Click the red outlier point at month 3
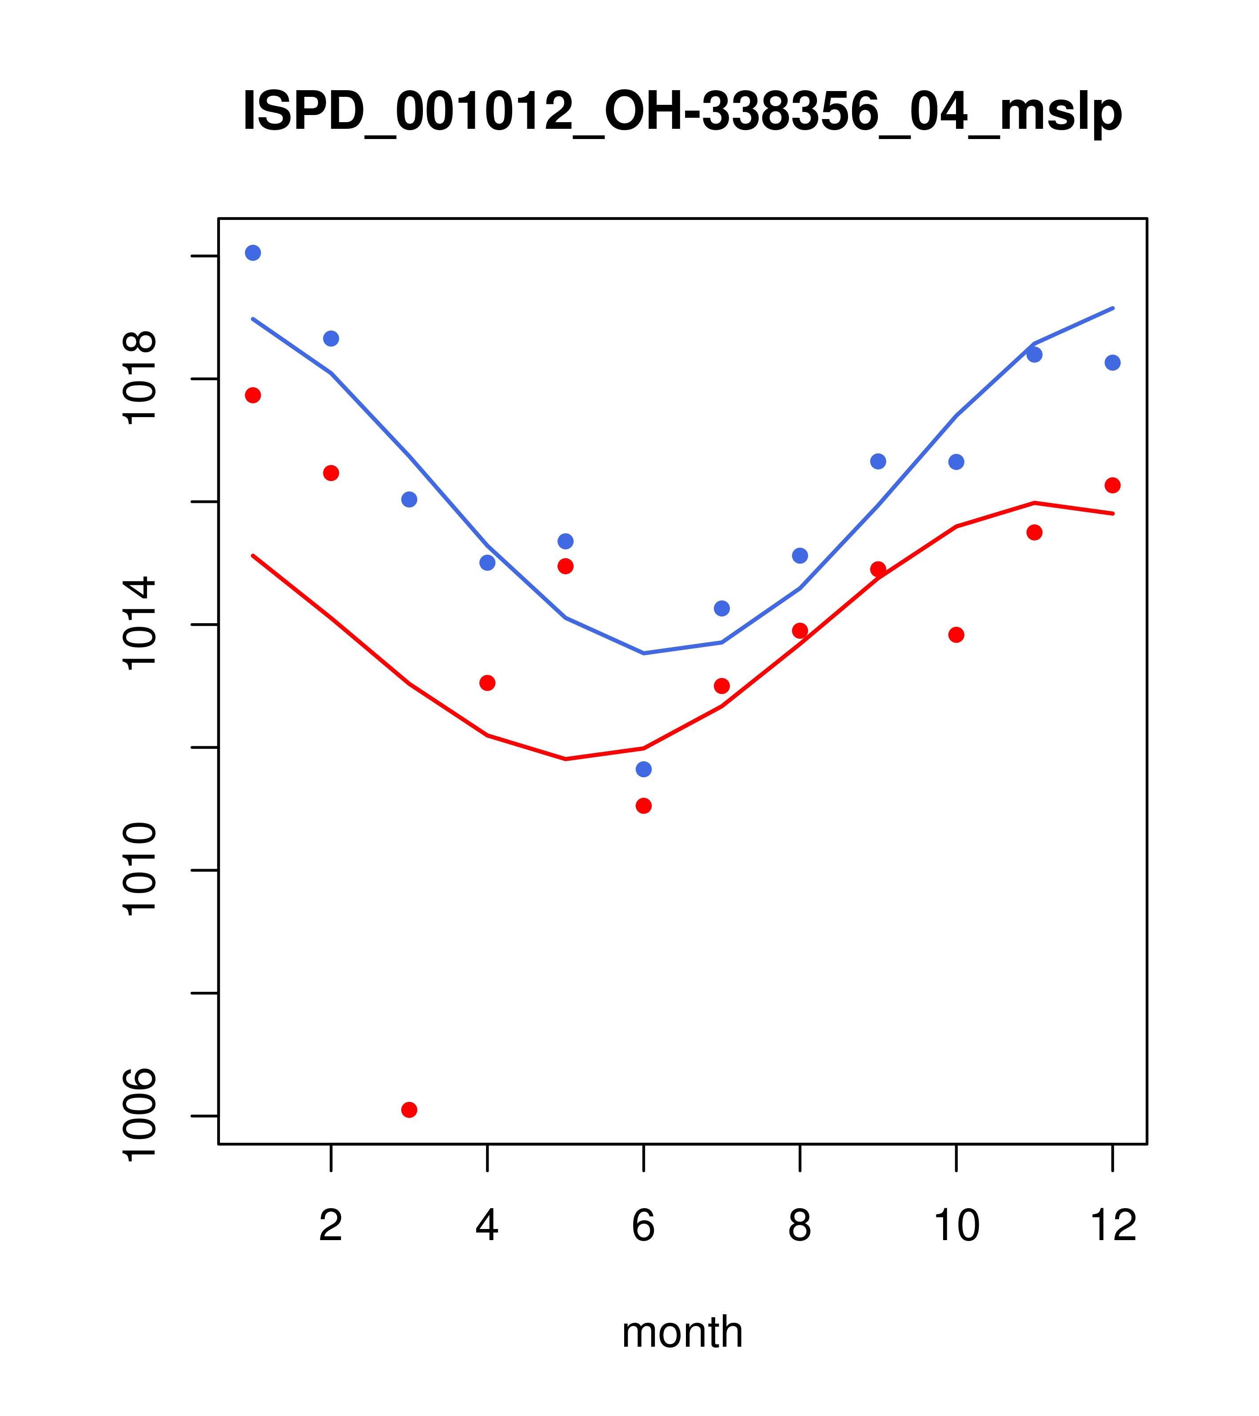click(x=410, y=1110)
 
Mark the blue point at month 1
click(x=253, y=253)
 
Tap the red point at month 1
click(x=253, y=396)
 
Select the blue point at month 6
click(x=644, y=770)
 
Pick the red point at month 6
click(x=644, y=806)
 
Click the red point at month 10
click(x=956, y=635)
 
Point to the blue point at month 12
click(x=1113, y=363)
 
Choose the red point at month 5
click(x=566, y=566)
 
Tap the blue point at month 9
click(x=878, y=461)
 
